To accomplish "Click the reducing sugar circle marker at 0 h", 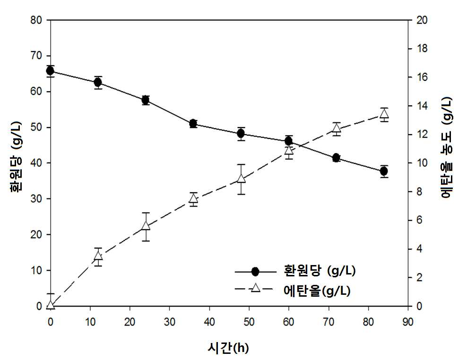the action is pyautogui.click(x=50, y=71).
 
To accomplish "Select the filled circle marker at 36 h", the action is pyautogui.click(x=193, y=123).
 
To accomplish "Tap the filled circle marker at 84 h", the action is pyautogui.click(x=384, y=171).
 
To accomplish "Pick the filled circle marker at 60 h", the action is pyautogui.click(x=289, y=141).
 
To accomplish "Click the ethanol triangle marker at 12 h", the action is pyautogui.click(x=98, y=256).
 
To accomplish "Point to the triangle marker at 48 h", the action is pyautogui.click(x=241, y=179).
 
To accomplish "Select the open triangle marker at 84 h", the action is pyautogui.click(x=384, y=114).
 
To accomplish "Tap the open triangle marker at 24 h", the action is pyautogui.click(x=146, y=225).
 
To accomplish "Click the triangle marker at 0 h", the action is pyautogui.click(x=50, y=305).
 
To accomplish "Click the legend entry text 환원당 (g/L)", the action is pyautogui.click(x=320, y=271).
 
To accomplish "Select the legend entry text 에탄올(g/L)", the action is pyautogui.click(x=317, y=291).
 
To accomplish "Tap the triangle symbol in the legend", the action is pyautogui.click(x=255, y=288).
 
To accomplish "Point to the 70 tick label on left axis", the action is pyautogui.click(x=36, y=56).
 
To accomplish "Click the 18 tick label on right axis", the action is pyautogui.click(x=422, y=49).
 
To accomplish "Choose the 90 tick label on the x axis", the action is pyautogui.click(x=408, y=322).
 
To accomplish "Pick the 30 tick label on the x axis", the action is pyautogui.click(x=170, y=322).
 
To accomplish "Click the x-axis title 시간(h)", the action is pyautogui.click(x=228, y=348).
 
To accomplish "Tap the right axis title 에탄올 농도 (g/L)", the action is pyautogui.click(x=446, y=147).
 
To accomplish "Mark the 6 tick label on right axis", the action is pyautogui.click(x=419, y=220).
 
